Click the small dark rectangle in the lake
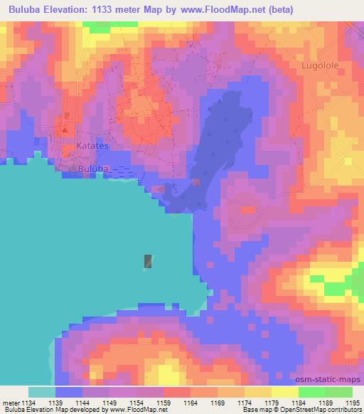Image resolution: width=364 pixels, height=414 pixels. pyautogui.click(x=148, y=262)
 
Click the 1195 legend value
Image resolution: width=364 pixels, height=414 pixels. pyautogui.click(x=353, y=402)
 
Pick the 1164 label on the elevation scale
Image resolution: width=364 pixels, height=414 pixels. pyautogui.click(x=191, y=402)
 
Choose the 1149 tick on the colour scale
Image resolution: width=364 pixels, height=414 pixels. pyautogui.click(x=110, y=402)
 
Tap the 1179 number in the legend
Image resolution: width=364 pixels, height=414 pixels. pyautogui.click(x=272, y=402)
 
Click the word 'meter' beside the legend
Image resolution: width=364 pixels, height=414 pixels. pyautogui.click(x=11, y=402)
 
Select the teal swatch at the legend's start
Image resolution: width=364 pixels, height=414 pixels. pyautogui.click(x=42, y=392)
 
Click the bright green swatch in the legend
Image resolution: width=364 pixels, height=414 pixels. pyautogui.click(x=312, y=392)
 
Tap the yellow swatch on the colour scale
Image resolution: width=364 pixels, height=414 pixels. pyautogui.click(x=285, y=392)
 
